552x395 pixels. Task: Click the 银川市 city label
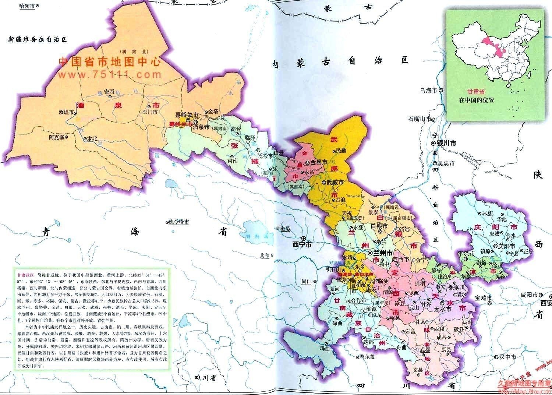click(x=446, y=143)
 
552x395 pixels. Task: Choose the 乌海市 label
click(x=429, y=90)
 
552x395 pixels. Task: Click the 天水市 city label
click(x=443, y=309)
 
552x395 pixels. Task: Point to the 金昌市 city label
click(x=319, y=162)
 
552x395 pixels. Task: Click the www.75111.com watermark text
click(x=109, y=75)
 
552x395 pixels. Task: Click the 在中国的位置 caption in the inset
click(x=476, y=100)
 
